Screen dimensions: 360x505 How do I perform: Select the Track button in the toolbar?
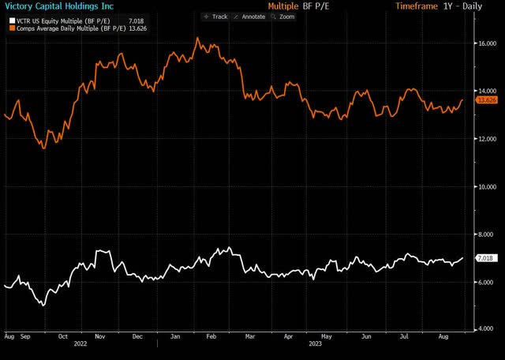click(216, 16)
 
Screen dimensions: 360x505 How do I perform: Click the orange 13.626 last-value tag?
click(486, 100)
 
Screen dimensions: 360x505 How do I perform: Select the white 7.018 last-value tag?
click(484, 258)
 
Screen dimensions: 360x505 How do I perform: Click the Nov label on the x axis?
click(100, 336)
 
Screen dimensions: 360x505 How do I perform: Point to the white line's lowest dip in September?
click(43, 305)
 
